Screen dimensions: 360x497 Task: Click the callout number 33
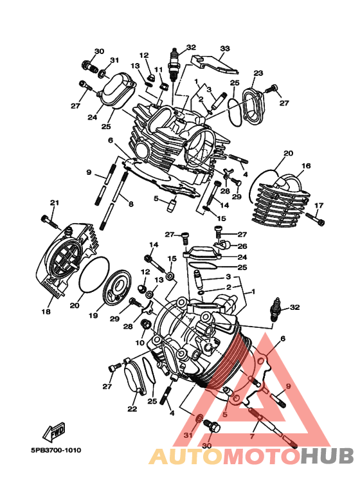tap(225, 48)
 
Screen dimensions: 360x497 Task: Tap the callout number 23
tap(258, 73)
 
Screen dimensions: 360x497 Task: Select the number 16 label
tap(306, 165)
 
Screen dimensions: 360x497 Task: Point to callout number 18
tap(46, 312)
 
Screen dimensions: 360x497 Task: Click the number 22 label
tap(132, 409)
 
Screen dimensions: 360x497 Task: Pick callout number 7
tap(252, 437)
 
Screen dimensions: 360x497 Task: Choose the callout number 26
tap(242, 246)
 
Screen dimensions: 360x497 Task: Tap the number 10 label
tap(140, 342)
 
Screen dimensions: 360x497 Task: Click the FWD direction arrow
tap(54, 432)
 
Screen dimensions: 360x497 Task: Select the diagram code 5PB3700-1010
tap(56, 450)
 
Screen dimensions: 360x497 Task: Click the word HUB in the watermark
tap(327, 456)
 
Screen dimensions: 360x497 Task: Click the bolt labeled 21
tap(50, 222)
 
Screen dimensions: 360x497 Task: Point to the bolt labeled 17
tap(315, 219)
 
